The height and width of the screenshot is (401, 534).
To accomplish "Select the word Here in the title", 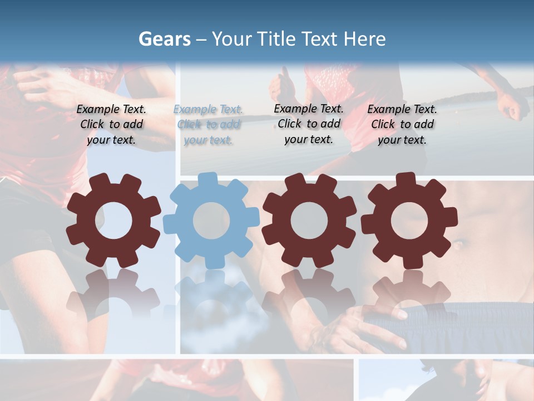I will click(x=364, y=39).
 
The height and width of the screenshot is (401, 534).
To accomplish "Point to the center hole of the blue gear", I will click(x=211, y=221).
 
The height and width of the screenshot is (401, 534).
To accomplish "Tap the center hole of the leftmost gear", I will click(x=113, y=221).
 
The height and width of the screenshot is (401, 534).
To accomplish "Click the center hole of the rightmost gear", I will click(x=409, y=221).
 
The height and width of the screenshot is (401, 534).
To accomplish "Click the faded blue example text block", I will click(x=208, y=125).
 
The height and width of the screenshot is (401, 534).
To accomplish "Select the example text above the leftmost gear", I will click(x=111, y=125).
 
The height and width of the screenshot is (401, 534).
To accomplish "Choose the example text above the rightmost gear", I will click(x=402, y=125).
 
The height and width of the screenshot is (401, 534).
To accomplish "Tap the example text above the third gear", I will click(x=309, y=124).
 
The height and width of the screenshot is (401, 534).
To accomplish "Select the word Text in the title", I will click(x=321, y=39).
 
